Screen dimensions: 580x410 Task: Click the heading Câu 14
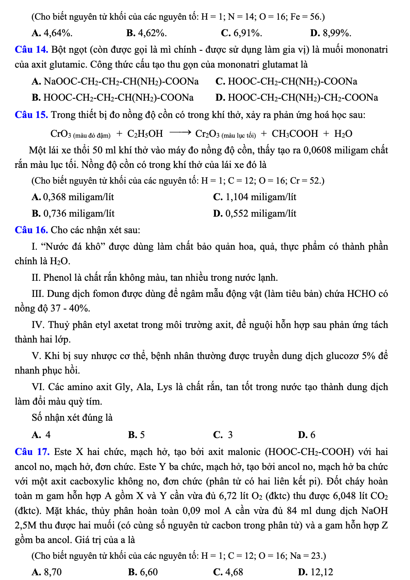(x=31, y=50)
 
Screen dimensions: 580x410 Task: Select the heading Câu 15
(x=31, y=115)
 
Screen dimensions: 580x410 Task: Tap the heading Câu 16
(x=31, y=230)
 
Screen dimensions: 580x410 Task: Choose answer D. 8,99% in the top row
(x=330, y=33)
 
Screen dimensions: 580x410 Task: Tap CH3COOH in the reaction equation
(x=295, y=134)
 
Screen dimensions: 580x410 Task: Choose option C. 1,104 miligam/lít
(x=254, y=197)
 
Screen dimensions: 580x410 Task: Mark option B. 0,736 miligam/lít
(x=73, y=214)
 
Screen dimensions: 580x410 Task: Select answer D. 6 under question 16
(x=307, y=435)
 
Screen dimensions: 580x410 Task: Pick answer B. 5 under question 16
(x=136, y=435)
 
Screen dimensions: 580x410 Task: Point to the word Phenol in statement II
(x=57, y=278)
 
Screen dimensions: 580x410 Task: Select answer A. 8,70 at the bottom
(x=47, y=572)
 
